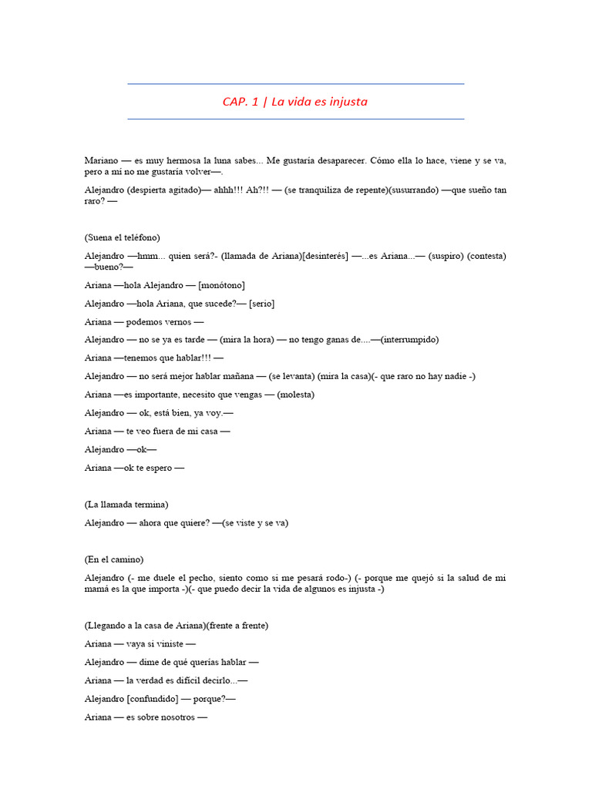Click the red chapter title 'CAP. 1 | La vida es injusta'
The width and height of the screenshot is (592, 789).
(295, 102)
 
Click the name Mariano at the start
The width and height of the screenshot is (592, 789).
(103, 160)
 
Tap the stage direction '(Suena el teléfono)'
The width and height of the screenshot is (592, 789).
(123, 237)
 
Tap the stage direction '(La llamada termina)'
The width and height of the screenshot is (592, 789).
(126, 504)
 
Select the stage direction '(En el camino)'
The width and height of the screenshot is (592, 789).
(114, 559)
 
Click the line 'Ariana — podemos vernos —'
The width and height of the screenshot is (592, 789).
(144, 321)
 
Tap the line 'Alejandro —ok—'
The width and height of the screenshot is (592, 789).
(120, 449)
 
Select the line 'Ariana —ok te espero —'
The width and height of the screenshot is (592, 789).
(134, 468)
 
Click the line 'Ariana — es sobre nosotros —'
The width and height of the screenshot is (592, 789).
(146, 717)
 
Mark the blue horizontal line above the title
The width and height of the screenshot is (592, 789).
(295, 84)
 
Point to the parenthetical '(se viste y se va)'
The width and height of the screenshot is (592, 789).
(254, 522)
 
